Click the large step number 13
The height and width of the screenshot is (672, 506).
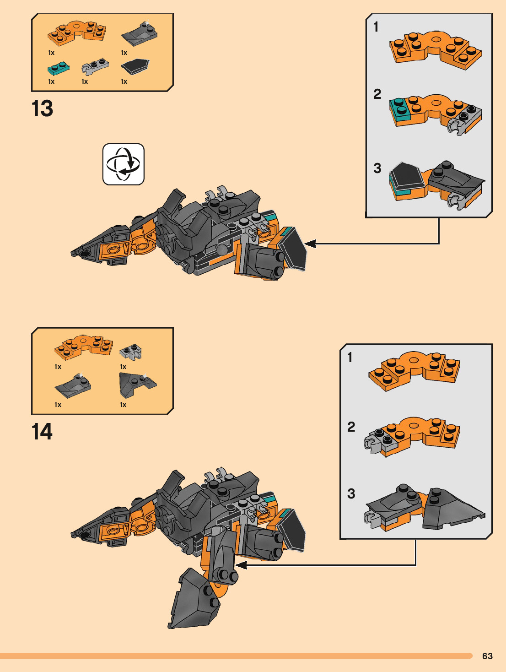[x=42, y=109]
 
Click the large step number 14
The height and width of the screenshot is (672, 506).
[x=42, y=432]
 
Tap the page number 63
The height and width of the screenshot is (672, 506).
[x=487, y=656]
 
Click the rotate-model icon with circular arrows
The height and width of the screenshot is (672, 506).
[x=124, y=164]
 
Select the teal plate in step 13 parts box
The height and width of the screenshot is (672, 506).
[x=59, y=69]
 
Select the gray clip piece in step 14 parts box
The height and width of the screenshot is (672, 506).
[x=131, y=352]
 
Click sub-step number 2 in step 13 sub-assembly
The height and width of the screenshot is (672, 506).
[x=377, y=94]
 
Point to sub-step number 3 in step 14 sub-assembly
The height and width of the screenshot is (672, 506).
[x=351, y=493]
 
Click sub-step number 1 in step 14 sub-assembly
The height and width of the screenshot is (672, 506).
[x=350, y=357]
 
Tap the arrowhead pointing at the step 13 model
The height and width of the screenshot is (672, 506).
[x=311, y=244]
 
